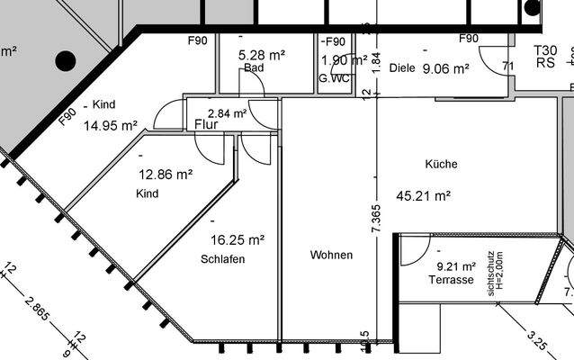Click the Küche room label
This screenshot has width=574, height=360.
pyautogui.click(x=441, y=165)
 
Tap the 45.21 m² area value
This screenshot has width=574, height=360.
pyautogui.click(x=423, y=194)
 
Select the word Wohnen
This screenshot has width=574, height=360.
pyautogui.click(x=331, y=256)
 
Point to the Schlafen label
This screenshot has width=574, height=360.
pyautogui.click(x=223, y=259)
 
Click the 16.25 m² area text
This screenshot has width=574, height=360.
pyautogui.click(x=238, y=240)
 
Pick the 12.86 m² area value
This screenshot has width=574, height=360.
pyautogui.click(x=165, y=175)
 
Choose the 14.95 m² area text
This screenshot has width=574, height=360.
pyautogui.click(x=110, y=126)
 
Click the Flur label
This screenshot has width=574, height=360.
pyautogui.click(x=206, y=124)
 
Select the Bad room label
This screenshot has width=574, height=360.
pyautogui.click(x=253, y=67)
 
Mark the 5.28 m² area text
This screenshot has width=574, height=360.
pyautogui.click(x=261, y=55)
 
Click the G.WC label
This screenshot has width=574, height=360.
pyautogui.click(x=334, y=78)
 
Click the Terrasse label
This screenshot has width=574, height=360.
pyautogui.click(x=451, y=281)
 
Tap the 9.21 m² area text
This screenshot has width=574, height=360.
pyautogui.click(x=455, y=266)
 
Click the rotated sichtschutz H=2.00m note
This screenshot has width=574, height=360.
pyautogui.click(x=493, y=274)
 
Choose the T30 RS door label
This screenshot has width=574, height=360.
pyautogui.click(x=545, y=58)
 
